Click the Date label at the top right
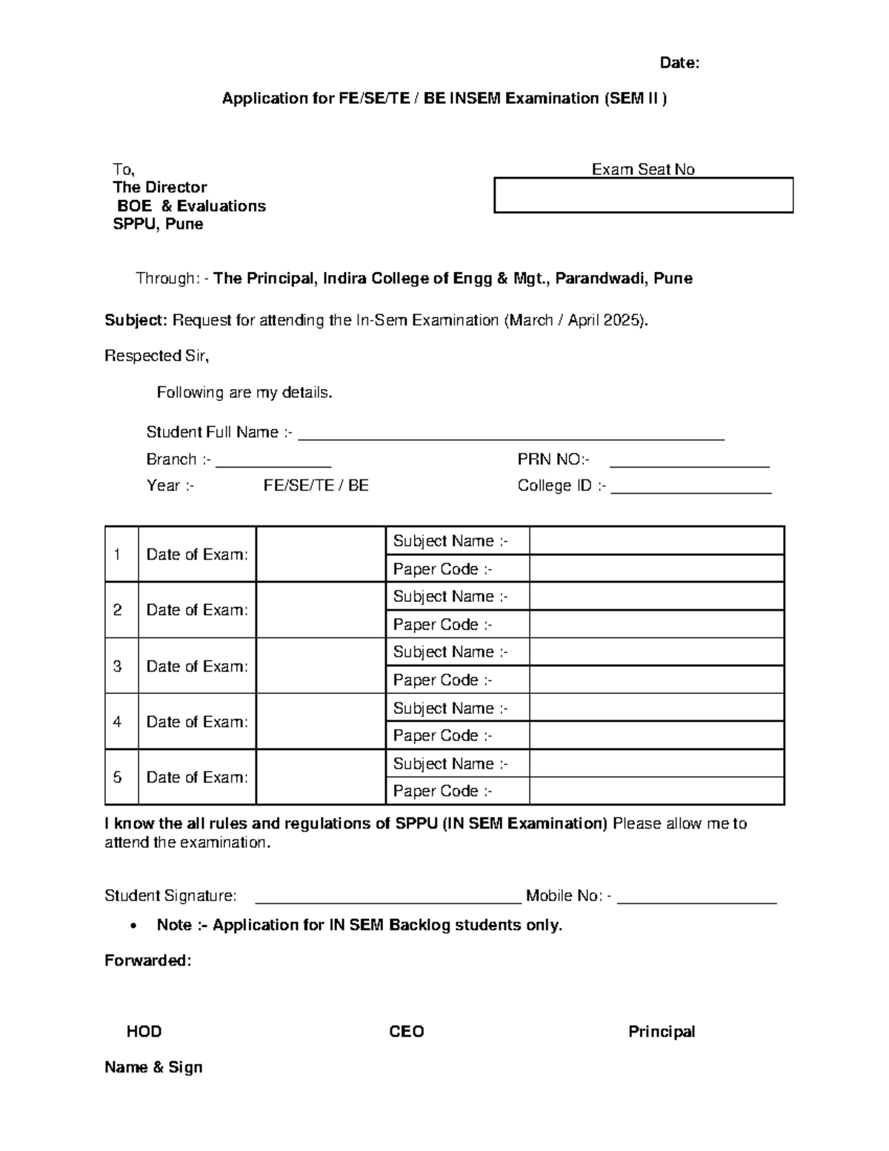(x=679, y=63)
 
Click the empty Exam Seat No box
(x=643, y=196)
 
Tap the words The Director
(x=159, y=188)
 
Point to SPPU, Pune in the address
(x=158, y=224)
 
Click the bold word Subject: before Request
(x=136, y=320)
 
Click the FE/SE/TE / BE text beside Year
(x=316, y=485)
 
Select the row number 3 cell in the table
(x=118, y=666)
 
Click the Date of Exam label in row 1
(x=197, y=554)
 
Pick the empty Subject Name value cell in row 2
(x=656, y=597)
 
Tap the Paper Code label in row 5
(x=442, y=791)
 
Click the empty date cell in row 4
(x=321, y=721)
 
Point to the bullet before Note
(x=133, y=926)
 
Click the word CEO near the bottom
(x=407, y=1032)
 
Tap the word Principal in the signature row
(x=662, y=1032)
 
